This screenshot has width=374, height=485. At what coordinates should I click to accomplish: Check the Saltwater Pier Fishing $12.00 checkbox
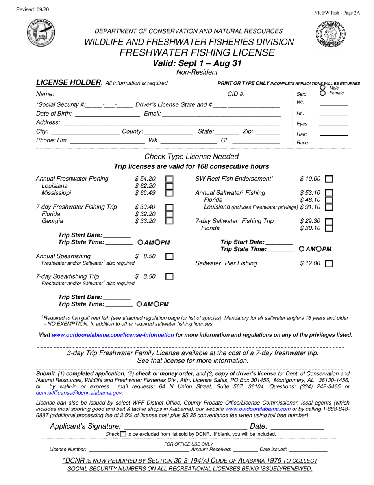click(329, 264)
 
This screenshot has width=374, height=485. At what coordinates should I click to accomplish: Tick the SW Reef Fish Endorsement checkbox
click(329, 179)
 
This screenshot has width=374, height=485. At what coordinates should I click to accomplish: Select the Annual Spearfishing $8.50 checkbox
click(169, 257)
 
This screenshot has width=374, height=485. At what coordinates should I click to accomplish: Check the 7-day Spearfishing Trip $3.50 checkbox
click(169, 277)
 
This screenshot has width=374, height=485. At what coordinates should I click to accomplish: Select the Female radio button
click(323, 93)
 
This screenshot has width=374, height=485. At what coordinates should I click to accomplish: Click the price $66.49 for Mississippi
click(145, 193)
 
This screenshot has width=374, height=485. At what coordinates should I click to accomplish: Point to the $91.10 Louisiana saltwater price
click(310, 207)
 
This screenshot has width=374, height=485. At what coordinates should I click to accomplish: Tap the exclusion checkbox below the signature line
click(123, 434)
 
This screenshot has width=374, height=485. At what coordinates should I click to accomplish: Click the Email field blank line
click(221, 114)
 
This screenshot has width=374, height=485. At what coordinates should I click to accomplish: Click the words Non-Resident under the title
click(197, 72)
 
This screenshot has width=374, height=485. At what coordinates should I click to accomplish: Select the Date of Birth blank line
click(107, 114)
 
